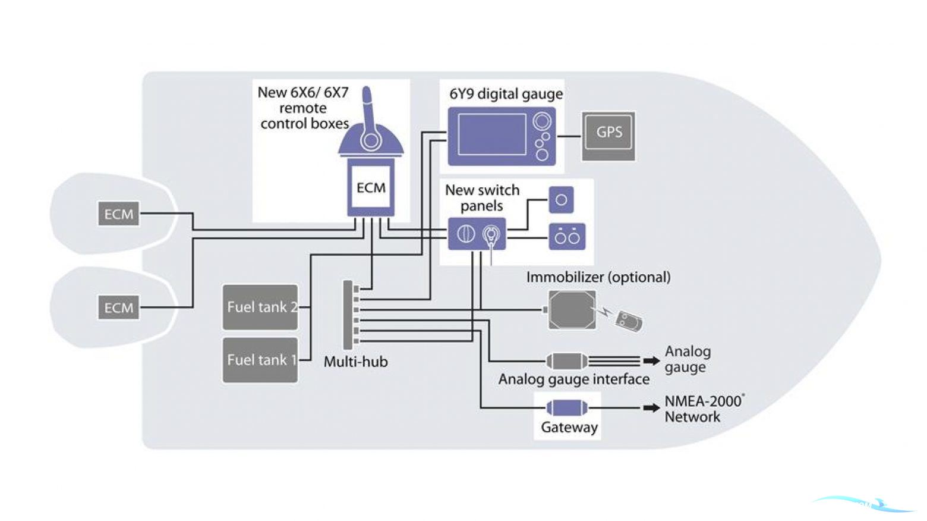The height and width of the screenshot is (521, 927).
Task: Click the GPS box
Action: [608, 136]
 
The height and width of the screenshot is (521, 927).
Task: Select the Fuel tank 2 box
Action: [260, 307]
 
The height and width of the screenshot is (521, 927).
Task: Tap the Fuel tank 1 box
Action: [260, 360]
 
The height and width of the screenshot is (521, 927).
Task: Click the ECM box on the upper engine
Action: [119, 214]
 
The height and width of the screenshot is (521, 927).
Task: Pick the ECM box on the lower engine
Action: [119, 308]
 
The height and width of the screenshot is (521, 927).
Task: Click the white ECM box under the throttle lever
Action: [371, 188]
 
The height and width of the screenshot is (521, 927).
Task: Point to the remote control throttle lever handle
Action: [368, 107]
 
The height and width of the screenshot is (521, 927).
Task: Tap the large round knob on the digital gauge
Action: [541, 121]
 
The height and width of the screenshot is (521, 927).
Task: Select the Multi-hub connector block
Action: [348, 315]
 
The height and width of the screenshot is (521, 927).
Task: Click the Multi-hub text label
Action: [355, 362]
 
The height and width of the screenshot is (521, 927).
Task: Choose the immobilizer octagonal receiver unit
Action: [572, 310]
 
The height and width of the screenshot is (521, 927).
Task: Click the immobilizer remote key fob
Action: [628, 322]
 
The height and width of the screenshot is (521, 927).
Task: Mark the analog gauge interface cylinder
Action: [566, 361]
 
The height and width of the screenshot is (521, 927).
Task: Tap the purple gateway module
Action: [567, 408]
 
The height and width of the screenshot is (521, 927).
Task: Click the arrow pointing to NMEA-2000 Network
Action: [651, 408]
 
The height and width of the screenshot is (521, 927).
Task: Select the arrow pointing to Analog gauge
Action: [651, 361]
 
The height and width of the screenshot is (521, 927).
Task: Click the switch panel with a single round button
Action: [561, 200]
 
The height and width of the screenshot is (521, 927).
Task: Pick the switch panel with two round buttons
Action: [567, 237]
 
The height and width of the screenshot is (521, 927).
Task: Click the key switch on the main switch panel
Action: [490, 234]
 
